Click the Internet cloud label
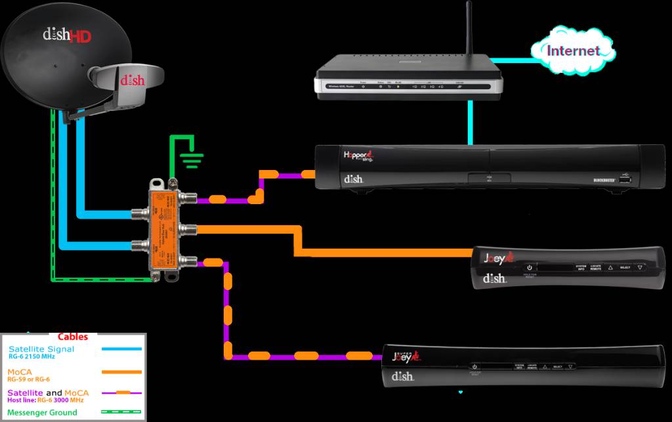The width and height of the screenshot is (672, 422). point(573,51)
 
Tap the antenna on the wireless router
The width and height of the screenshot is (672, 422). point(469,30)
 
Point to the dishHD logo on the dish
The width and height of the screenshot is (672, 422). point(66,34)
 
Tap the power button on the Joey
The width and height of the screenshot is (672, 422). point(529,267)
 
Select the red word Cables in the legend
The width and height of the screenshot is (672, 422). point(73,337)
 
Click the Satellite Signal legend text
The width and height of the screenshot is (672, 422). point(41,349)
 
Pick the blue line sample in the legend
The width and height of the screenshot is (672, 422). point(121,349)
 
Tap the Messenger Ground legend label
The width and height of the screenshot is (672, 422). point(42,412)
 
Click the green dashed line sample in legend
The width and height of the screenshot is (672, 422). point(121,412)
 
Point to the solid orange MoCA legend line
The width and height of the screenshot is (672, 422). point(121,371)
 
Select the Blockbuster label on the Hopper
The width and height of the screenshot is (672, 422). point(588,180)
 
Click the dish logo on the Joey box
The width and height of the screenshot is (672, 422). point(494,278)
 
